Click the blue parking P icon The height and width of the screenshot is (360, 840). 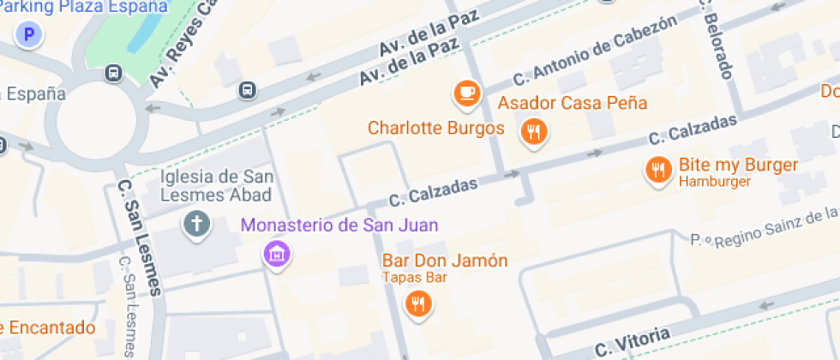[31, 34]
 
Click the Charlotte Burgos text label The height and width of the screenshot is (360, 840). [435, 129]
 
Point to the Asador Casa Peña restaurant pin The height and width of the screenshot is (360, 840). [534, 132]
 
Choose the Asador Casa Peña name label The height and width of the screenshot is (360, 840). [572, 104]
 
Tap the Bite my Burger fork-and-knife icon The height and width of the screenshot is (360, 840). [658, 170]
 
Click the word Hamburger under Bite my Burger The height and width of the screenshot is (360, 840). [714, 182]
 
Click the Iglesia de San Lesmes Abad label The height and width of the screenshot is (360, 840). [217, 185]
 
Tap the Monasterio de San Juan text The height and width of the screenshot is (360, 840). [339, 225]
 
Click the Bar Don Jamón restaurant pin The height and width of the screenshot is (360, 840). [417, 303]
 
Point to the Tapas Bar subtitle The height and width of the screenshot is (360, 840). [414, 277]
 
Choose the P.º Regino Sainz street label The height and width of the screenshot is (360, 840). [763, 225]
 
